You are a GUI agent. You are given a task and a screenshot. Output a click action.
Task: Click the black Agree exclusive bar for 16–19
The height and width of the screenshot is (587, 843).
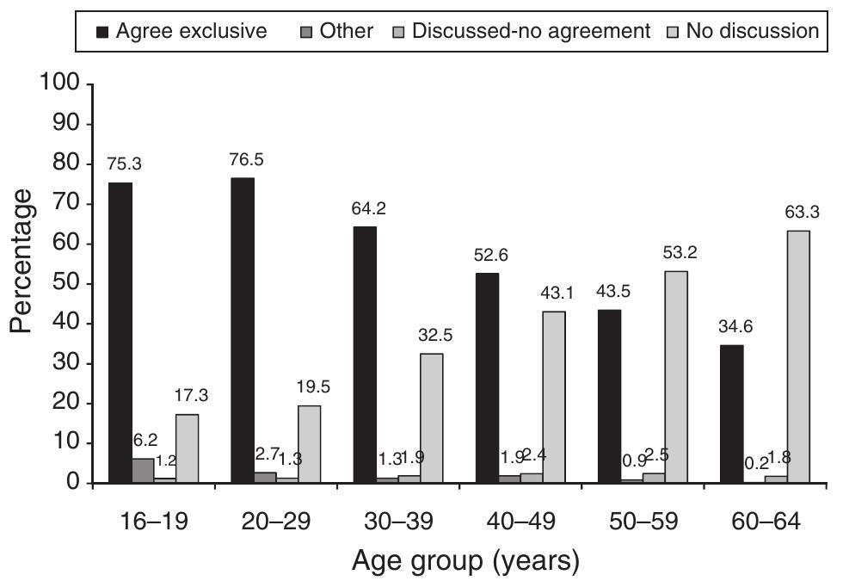click(x=120, y=333)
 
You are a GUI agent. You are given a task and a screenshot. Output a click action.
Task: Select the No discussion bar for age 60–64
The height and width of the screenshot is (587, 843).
click(x=775, y=356)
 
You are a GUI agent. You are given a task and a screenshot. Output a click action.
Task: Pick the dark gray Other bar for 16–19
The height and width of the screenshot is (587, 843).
click(x=143, y=471)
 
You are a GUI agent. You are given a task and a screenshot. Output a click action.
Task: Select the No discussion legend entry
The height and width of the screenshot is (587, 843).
click(x=744, y=31)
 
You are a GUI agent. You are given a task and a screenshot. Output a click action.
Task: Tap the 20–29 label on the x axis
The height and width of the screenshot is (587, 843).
click(x=275, y=522)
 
